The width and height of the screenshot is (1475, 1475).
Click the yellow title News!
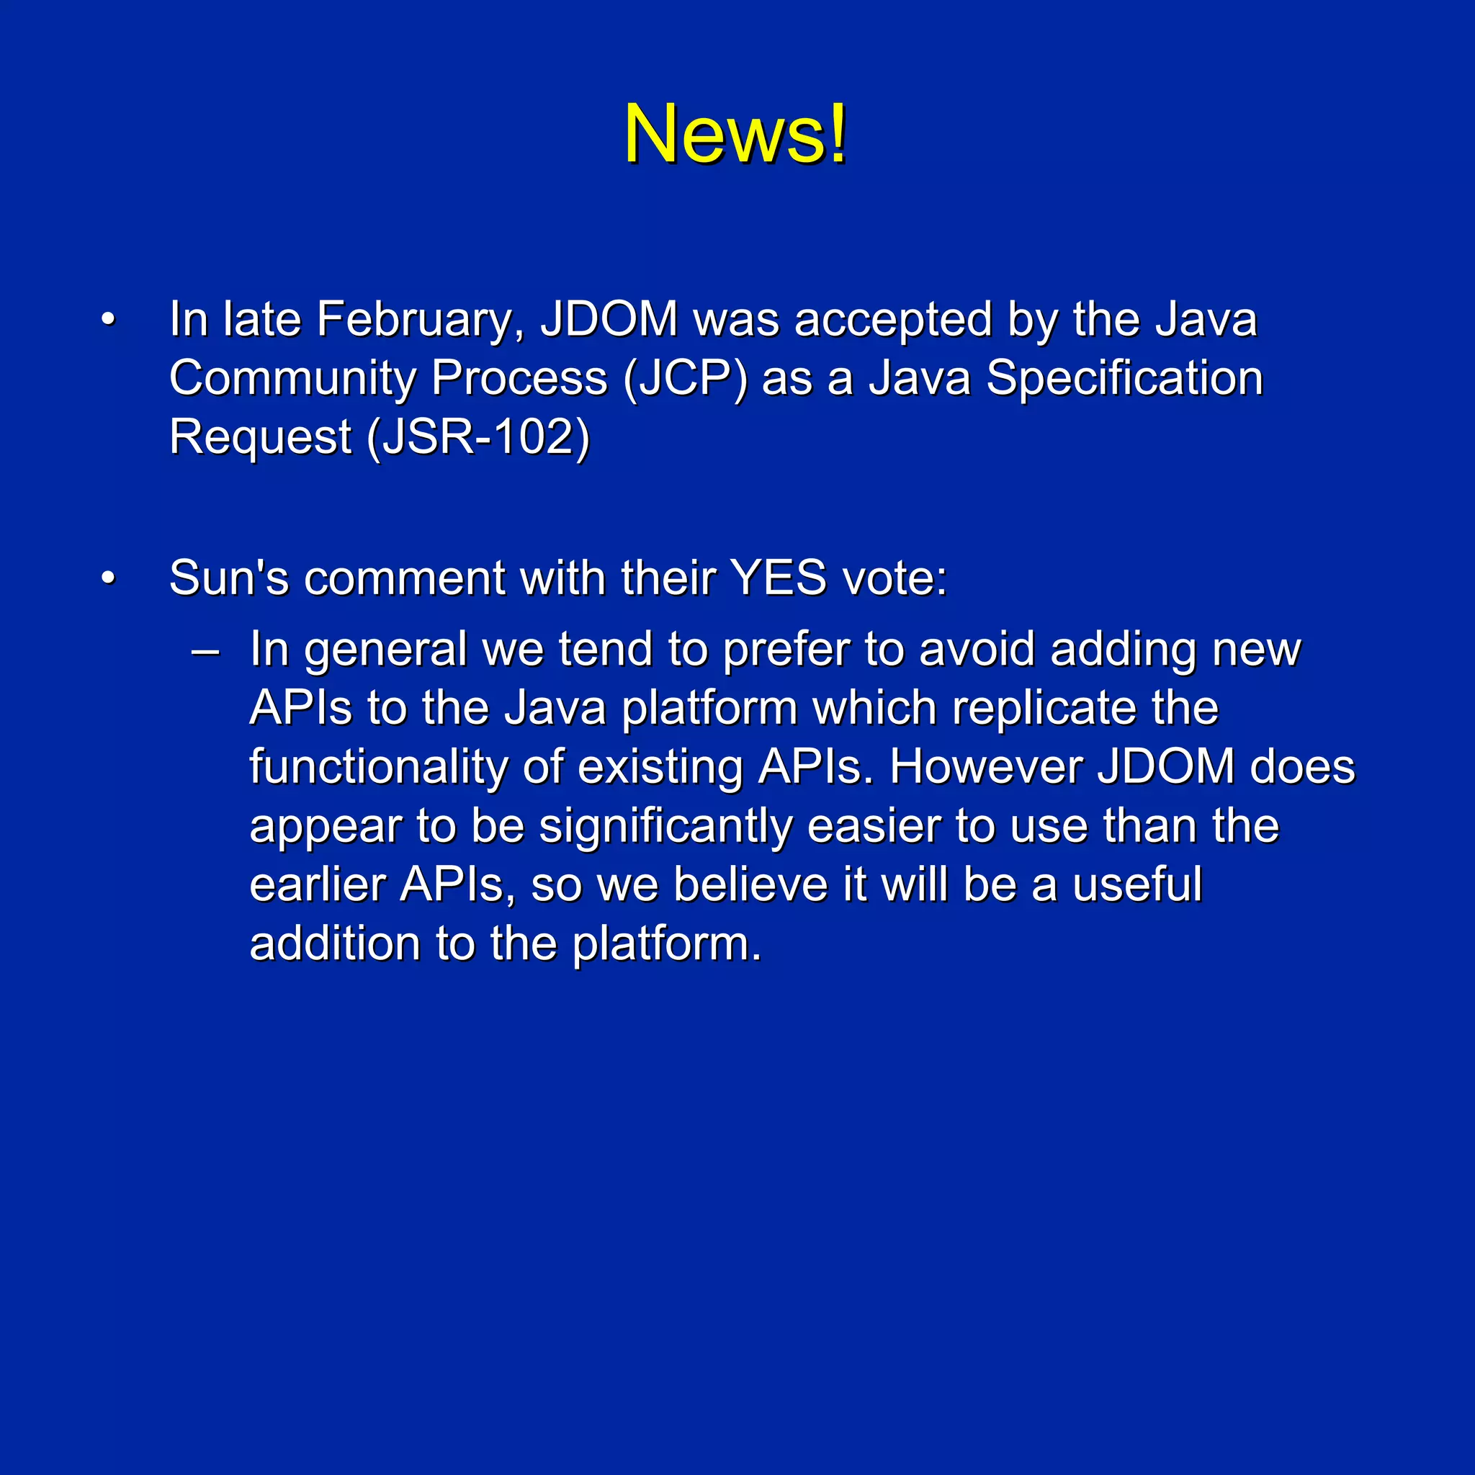[735, 134]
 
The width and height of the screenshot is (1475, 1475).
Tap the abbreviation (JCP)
[685, 378]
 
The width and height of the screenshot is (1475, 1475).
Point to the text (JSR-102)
[479, 436]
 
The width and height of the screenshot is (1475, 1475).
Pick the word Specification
[1124, 378]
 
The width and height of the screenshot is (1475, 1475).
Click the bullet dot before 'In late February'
[109, 320]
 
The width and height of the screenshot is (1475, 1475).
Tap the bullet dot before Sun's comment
[109, 578]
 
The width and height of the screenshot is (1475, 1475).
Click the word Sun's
[229, 578]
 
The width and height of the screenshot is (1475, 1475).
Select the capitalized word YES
[778, 578]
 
